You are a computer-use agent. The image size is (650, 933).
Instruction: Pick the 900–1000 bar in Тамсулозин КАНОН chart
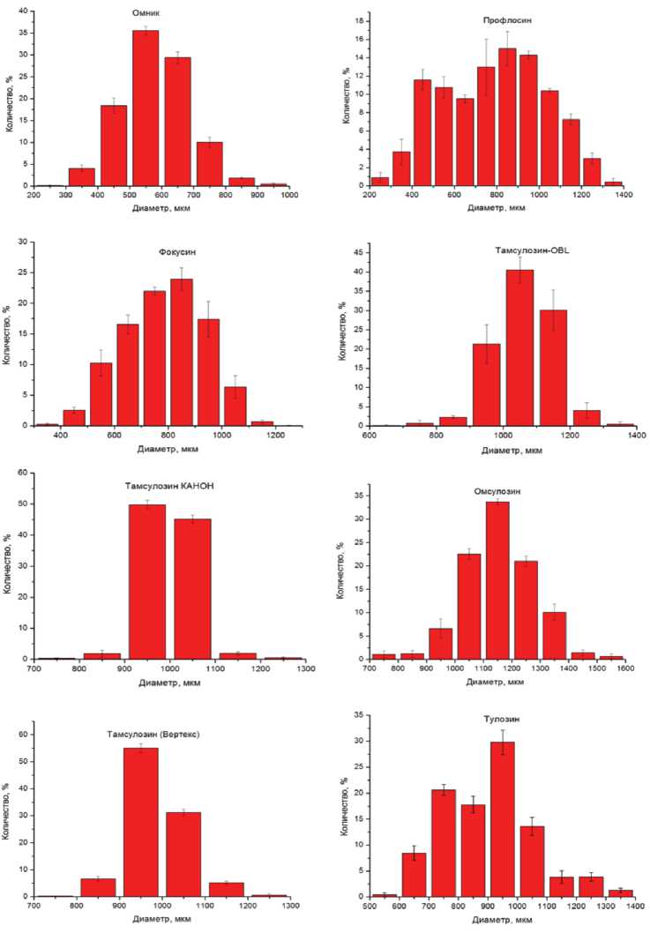pos(146,581)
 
